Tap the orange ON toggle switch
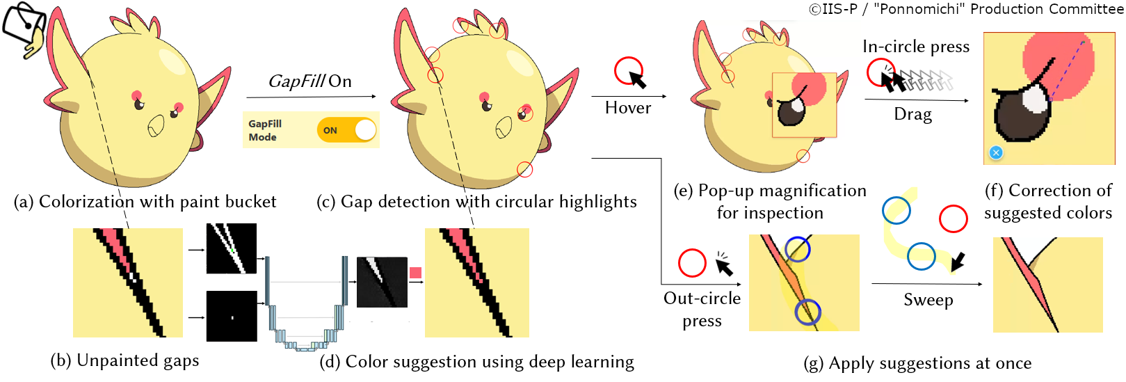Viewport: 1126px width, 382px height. point(346,130)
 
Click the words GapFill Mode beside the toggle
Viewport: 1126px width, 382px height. point(265,130)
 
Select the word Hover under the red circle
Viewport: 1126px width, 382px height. point(628,108)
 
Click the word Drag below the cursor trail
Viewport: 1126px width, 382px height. point(912,114)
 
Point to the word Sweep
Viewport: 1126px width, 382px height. point(928,300)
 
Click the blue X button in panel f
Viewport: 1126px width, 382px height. point(996,152)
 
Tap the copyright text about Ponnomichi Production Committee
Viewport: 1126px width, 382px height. point(966,9)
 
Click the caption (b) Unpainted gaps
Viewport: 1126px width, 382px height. point(124,360)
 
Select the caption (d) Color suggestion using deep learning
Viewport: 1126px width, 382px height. point(476,362)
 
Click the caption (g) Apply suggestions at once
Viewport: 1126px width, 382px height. point(917,363)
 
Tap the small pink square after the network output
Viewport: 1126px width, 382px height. point(415,273)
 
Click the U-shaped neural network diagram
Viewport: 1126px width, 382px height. point(306,306)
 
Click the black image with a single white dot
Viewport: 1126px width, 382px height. point(232,317)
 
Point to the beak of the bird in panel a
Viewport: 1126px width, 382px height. point(156,126)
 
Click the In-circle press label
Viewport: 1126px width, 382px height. point(915,47)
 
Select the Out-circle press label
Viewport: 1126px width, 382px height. point(702,309)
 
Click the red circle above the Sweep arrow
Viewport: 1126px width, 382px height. point(953,218)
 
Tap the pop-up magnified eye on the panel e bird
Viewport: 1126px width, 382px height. point(804,104)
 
